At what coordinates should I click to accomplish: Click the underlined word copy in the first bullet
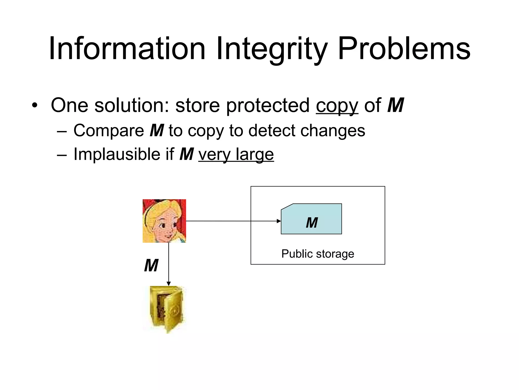pos(337,106)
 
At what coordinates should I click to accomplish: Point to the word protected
pos(268,105)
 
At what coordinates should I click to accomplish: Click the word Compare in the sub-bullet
pos(109,131)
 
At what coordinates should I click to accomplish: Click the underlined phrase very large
pos(236,155)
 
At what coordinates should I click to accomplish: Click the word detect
pos(272,131)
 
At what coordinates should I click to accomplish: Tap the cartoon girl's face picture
pos(164,221)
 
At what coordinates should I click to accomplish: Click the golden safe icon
pos(167,309)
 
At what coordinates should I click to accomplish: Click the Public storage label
pos(318,254)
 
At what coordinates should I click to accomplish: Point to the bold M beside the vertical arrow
pos(151,266)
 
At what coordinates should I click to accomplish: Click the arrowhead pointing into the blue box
pos(279,221)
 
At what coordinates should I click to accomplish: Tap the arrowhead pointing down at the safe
pos(169,284)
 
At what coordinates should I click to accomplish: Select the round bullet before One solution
pos(35,106)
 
